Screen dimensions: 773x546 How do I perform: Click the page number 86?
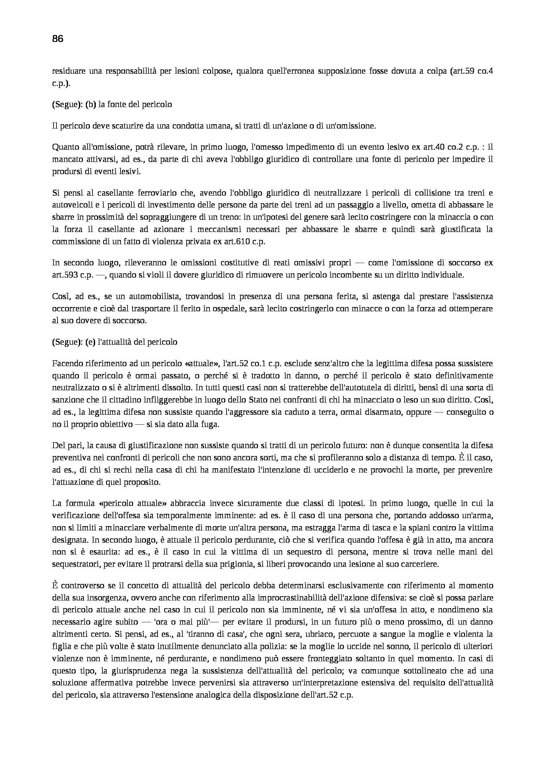click(58, 39)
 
